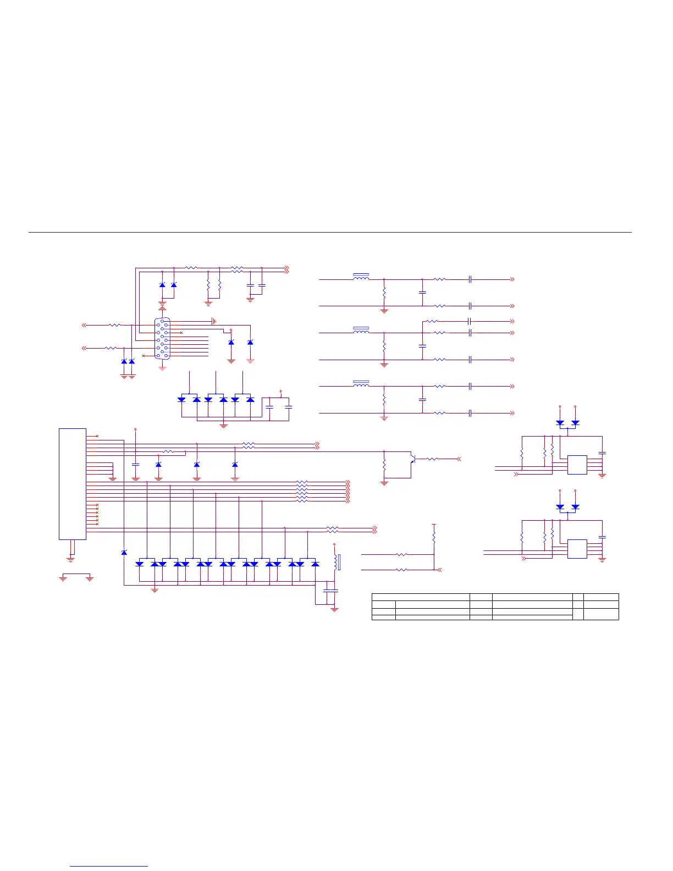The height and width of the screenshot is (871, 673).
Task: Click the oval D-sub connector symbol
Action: point(162,339)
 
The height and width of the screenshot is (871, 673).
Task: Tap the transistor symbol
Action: point(412,458)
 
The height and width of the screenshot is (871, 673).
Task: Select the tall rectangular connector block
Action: point(73,484)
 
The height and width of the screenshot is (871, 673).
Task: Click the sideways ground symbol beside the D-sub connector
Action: point(213,321)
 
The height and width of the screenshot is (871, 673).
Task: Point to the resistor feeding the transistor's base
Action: point(433,459)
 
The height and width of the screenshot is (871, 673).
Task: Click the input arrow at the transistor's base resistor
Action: point(458,459)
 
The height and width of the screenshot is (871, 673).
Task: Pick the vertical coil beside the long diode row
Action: point(335,561)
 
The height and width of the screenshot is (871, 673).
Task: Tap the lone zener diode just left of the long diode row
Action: point(124,552)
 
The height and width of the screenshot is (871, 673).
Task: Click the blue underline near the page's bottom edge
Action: point(109,867)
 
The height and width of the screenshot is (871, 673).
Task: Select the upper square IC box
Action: point(577,465)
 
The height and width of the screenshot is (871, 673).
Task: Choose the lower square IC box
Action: point(577,549)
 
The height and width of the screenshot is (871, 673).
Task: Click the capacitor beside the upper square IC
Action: point(602,453)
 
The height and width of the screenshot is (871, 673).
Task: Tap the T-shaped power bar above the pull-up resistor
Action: point(434,524)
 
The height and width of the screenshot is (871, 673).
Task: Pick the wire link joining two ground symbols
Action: point(76,574)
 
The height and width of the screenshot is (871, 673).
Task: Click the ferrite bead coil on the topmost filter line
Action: point(361,277)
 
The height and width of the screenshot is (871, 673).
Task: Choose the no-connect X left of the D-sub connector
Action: point(144,356)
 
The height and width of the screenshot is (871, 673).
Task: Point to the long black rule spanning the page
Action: point(330,232)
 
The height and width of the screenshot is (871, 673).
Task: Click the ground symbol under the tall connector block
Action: point(70,559)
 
